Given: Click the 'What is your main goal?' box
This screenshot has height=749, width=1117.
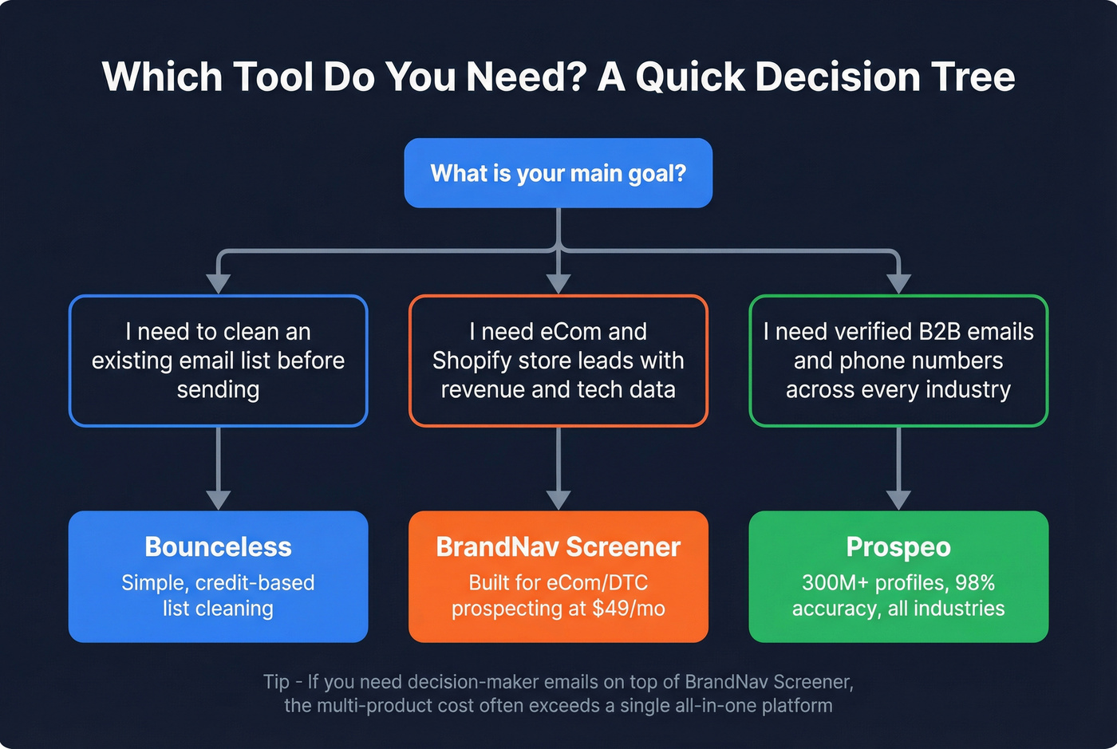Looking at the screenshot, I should click(x=558, y=173).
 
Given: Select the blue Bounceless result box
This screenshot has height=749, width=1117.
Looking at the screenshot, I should click(x=218, y=576).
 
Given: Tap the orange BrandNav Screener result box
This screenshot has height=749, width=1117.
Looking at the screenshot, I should click(x=558, y=576).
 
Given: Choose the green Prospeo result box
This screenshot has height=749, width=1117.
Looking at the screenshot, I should click(x=898, y=576).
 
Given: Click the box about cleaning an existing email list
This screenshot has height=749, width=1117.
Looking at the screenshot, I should click(x=218, y=361).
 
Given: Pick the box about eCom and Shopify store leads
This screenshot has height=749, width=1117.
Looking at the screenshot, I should click(x=558, y=361).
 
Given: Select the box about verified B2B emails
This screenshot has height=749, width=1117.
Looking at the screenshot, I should click(x=898, y=361).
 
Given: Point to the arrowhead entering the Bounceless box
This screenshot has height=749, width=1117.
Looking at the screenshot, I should click(x=218, y=499).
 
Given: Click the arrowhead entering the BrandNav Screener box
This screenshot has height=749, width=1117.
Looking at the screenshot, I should click(x=558, y=499).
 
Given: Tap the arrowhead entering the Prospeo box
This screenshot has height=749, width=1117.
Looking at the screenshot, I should click(x=898, y=499).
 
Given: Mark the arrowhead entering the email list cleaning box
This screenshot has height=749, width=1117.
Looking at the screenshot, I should click(x=218, y=283).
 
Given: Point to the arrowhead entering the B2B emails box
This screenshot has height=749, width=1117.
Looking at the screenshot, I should click(x=898, y=283).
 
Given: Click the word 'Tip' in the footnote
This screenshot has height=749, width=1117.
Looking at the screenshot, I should click(x=276, y=682).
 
